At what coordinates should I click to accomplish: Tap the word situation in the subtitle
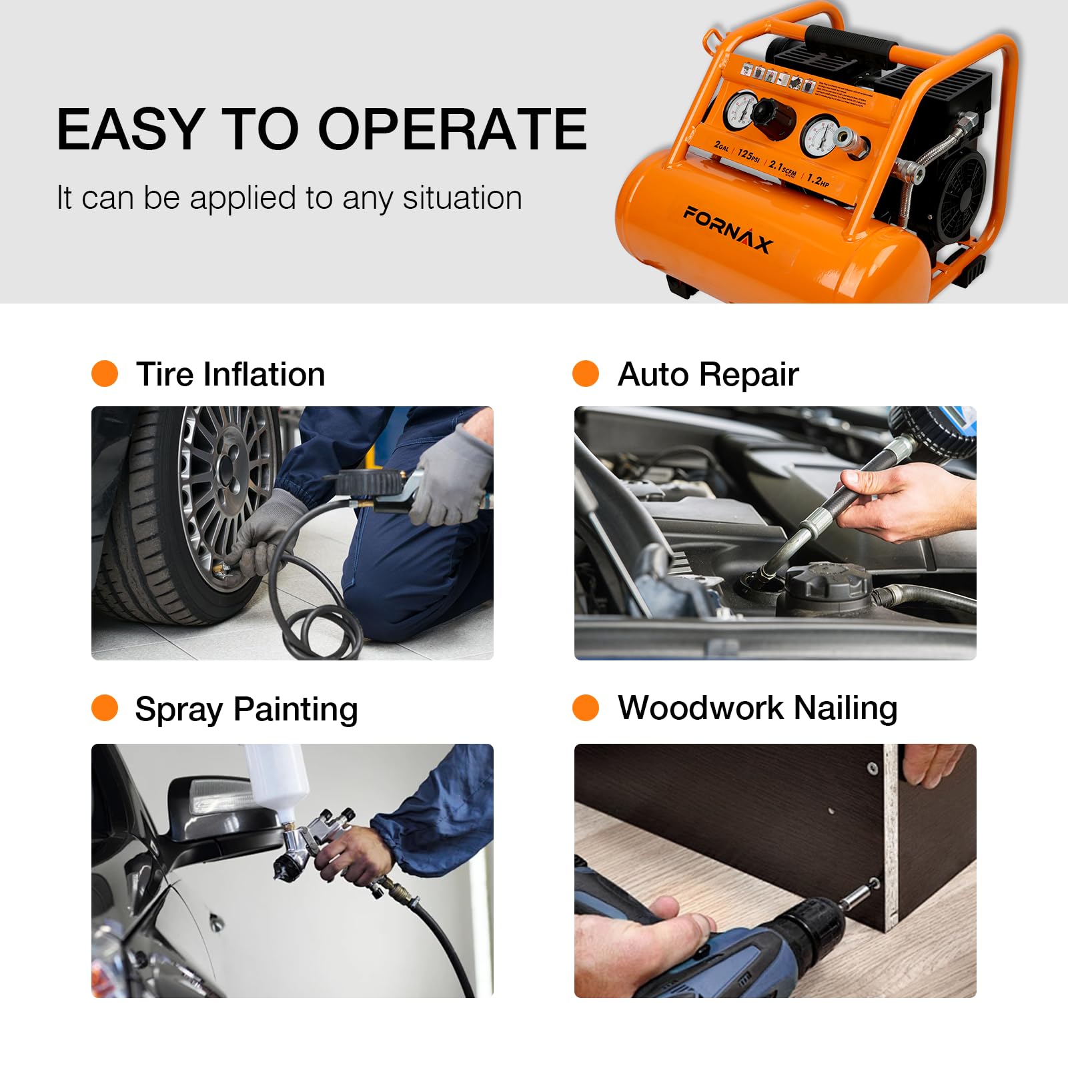tap(462, 198)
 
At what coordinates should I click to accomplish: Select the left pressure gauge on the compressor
tap(740, 109)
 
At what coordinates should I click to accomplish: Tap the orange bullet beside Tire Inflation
tap(105, 374)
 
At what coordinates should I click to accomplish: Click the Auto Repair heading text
tap(708, 374)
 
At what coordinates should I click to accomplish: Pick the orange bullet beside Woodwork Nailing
tap(586, 708)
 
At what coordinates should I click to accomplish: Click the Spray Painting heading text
tap(246, 709)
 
